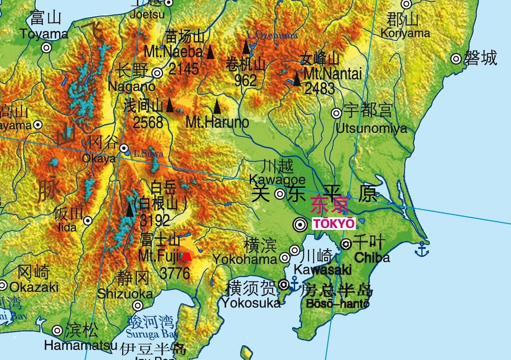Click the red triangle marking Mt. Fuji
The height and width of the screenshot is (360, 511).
coord(186,257)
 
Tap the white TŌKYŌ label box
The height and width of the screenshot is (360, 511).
coord(334,223)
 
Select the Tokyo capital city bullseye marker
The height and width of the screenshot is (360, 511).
coord(300,225)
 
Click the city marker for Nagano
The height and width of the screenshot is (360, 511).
coord(158,73)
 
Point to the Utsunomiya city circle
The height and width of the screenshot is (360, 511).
coord(336,113)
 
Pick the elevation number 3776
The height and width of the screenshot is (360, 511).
coord(175,273)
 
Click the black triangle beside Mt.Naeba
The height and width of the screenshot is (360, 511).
coord(210,52)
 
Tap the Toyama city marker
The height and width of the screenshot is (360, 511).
coord(46,48)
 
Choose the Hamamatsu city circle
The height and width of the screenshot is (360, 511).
coord(58,330)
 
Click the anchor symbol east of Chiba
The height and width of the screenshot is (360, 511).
coord(421,249)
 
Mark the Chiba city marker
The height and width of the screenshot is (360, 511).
coord(346,244)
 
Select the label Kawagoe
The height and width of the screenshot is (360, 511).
coord(277,179)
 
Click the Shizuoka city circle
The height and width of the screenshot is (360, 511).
coord(138,306)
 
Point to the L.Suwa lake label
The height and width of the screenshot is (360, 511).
coord(148,153)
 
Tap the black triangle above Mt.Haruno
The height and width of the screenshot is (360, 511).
coord(217,106)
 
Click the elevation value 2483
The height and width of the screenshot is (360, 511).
coord(320,89)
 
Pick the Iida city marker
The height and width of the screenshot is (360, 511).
coord(88,221)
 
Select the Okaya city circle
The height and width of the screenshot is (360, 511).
coord(124,148)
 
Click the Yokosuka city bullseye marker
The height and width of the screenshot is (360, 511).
coord(283,284)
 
